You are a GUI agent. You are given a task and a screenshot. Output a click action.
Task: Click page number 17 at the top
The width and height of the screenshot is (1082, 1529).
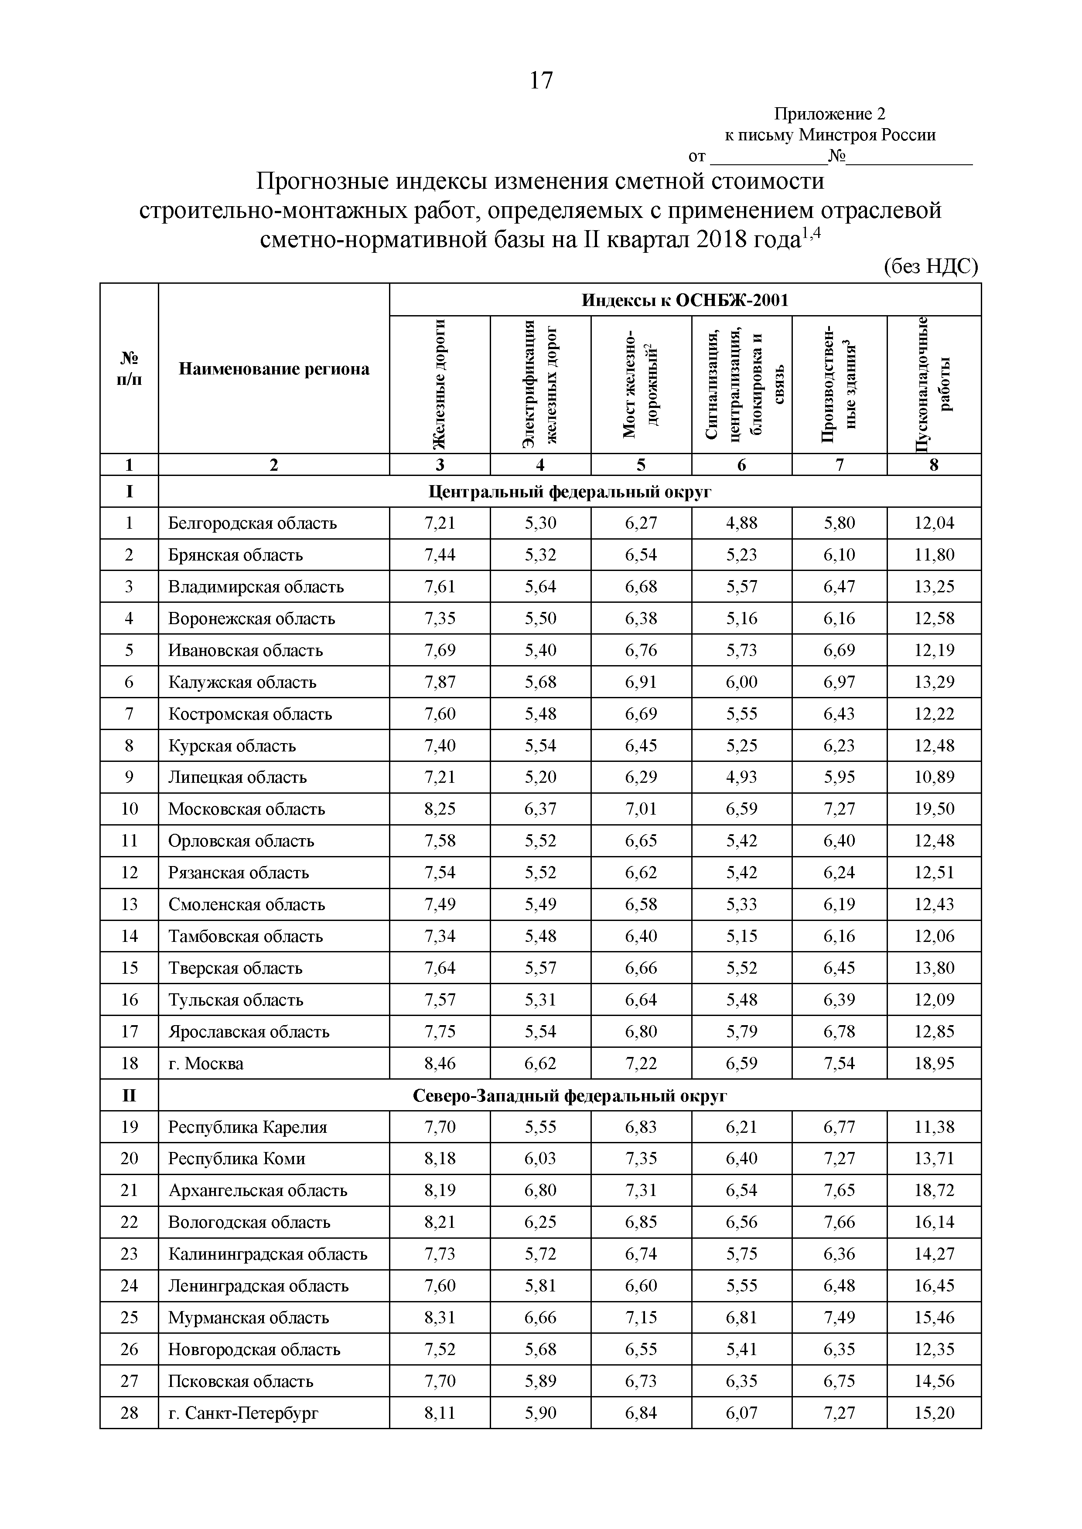pyautogui.click(x=540, y=81)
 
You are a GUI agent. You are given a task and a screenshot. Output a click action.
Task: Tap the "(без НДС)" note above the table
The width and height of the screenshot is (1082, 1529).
pyautogui.click(x=930, y=267)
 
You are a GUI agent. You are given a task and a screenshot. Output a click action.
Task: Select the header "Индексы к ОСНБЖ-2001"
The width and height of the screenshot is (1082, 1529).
pyautogui.click(x=684, y=300)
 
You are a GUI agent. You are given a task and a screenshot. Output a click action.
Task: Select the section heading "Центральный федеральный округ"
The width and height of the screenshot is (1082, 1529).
pyautogui.click(x=569, y=492)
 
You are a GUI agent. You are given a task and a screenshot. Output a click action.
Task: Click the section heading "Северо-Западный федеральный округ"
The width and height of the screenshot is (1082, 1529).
pyautogui.click(x=569, y=1095)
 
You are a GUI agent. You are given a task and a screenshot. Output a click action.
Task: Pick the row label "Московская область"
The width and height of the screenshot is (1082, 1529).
pyautogui.click(x=246, y=809)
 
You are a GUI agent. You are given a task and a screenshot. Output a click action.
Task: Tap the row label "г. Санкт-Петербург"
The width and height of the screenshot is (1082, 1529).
pyautogui.click(x=243, y=1413)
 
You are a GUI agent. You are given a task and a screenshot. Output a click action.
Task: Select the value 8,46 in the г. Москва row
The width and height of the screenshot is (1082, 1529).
pyautogui.click(x=439, y=1064)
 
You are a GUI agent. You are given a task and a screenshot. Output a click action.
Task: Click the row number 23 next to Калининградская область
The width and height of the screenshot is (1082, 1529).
pyautogui.click(x=129, y=1254)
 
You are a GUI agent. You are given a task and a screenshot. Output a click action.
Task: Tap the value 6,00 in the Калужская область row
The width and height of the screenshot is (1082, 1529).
pyautogui.click(x=741, y=682)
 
